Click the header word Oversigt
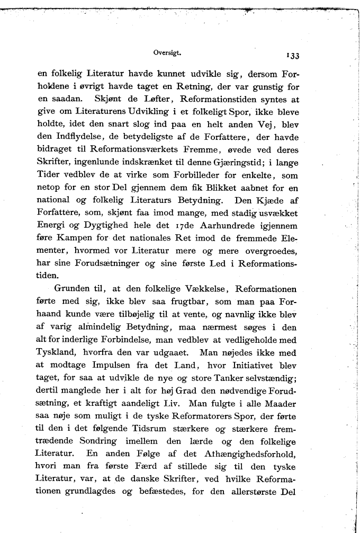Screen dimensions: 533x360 [167, 52]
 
